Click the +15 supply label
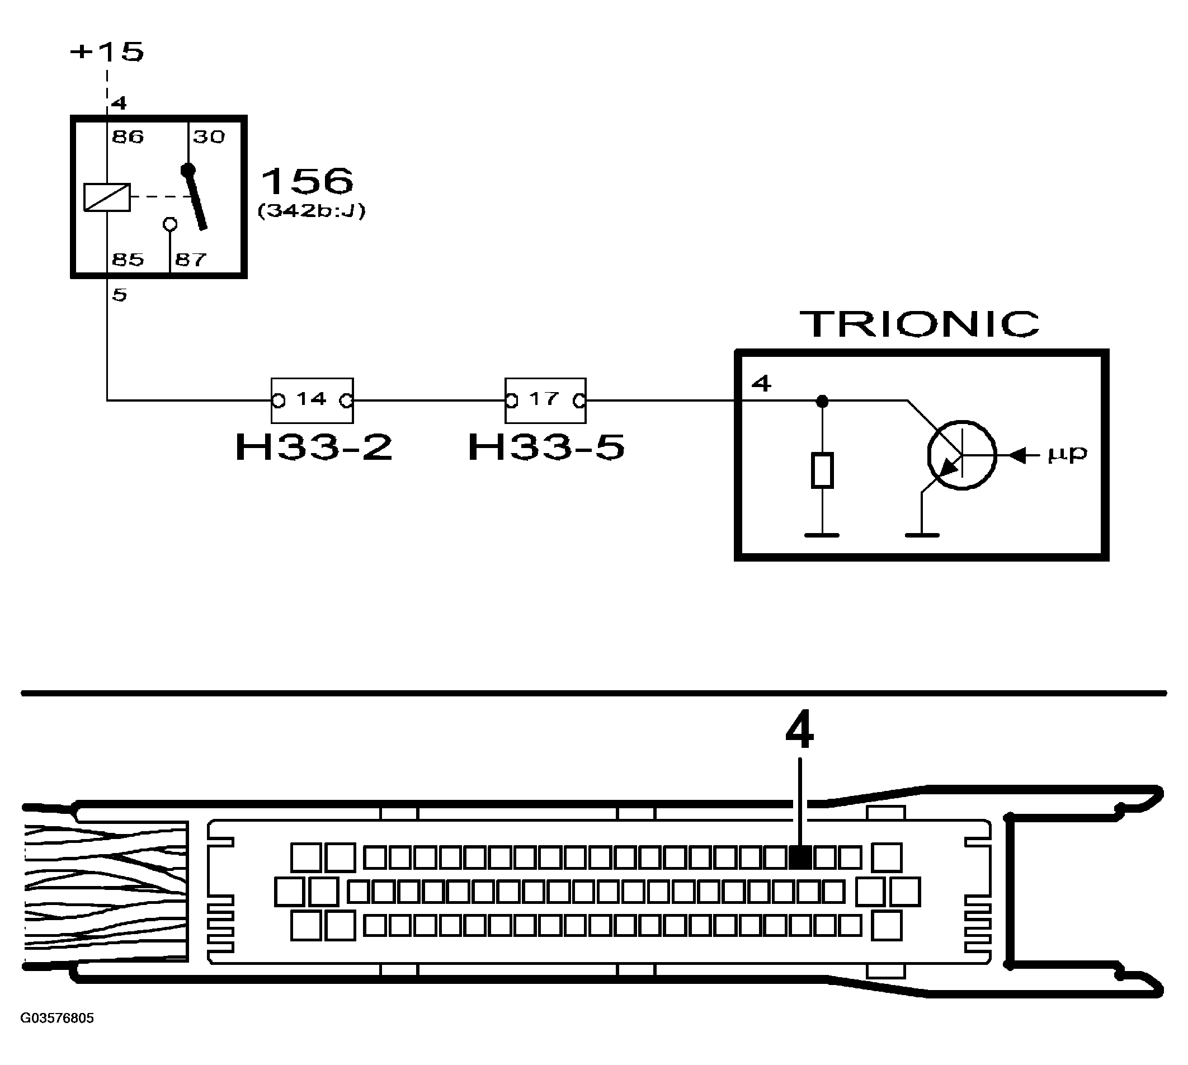pyautogui.click(x=106, y=51)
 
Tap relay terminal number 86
pyautogui.click(x=128, y=137)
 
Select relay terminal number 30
pyautogui.click(x=209, y=137)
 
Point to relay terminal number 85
pyautogui.click(x=128, y=259)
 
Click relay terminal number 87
pyautogui.click(x=191, y=259)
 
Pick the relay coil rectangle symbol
pyautogui.click(x=107, y=197)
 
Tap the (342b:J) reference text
pyautogui.click(x=312, y=211)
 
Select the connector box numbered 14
pyautogui.click(x=312, y=400)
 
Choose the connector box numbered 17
pyautogui.click(x=545, y=400)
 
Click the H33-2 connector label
pyautogui.click(x=314, y=447)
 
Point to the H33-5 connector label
pyautogui.click(x=546, y=447)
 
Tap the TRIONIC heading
pyautogui.click(x=920, y=324)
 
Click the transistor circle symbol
pyautogui.click(x=961, y=455)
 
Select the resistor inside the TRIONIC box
pyautogui.click(x=822, y=470)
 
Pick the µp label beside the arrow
pyautogui.click(x=1067, y=454)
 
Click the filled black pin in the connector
pyautogui.click(x=800, y=858)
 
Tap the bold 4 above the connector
pyautogui.click(x=799, y=731)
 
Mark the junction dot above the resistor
pyautogui.click(x=822, y=402)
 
